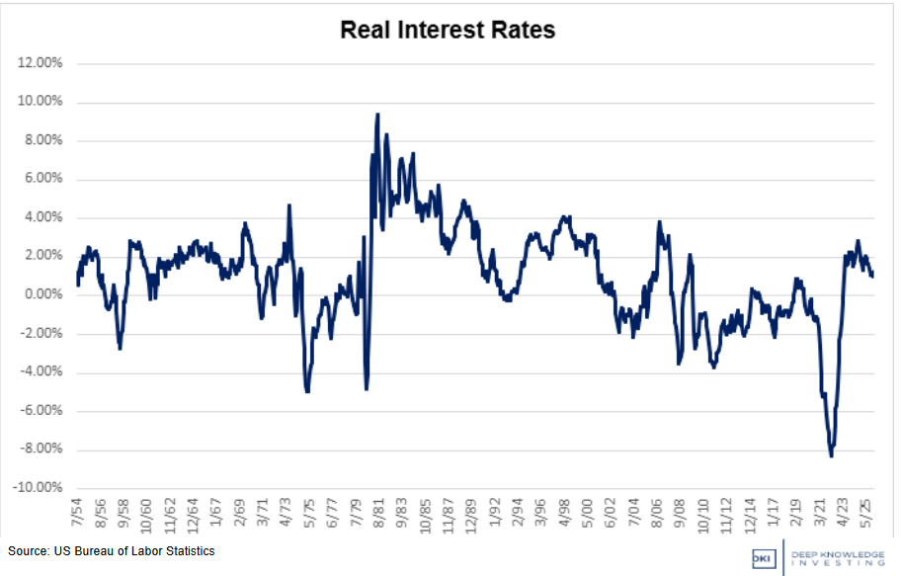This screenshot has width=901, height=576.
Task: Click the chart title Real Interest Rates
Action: (448, 30)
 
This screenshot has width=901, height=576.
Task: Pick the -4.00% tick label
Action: (41, 372)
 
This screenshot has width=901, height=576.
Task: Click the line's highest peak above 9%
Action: (377, 115)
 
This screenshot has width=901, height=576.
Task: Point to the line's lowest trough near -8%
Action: (831, 455)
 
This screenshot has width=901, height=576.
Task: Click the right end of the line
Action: (872, 276)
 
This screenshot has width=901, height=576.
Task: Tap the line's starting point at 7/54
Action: (77, 285)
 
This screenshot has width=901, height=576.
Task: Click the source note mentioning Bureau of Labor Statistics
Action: (111, 551)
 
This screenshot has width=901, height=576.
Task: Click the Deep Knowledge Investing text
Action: (839, 557)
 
